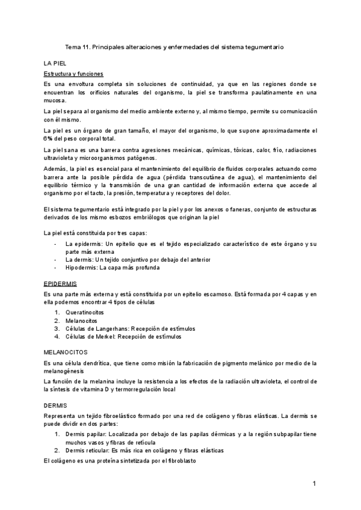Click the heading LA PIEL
(55, 63)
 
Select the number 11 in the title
(89, 46)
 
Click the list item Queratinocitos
(85, 313)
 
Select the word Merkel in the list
(103, 337)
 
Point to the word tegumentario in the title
(262, 46)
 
